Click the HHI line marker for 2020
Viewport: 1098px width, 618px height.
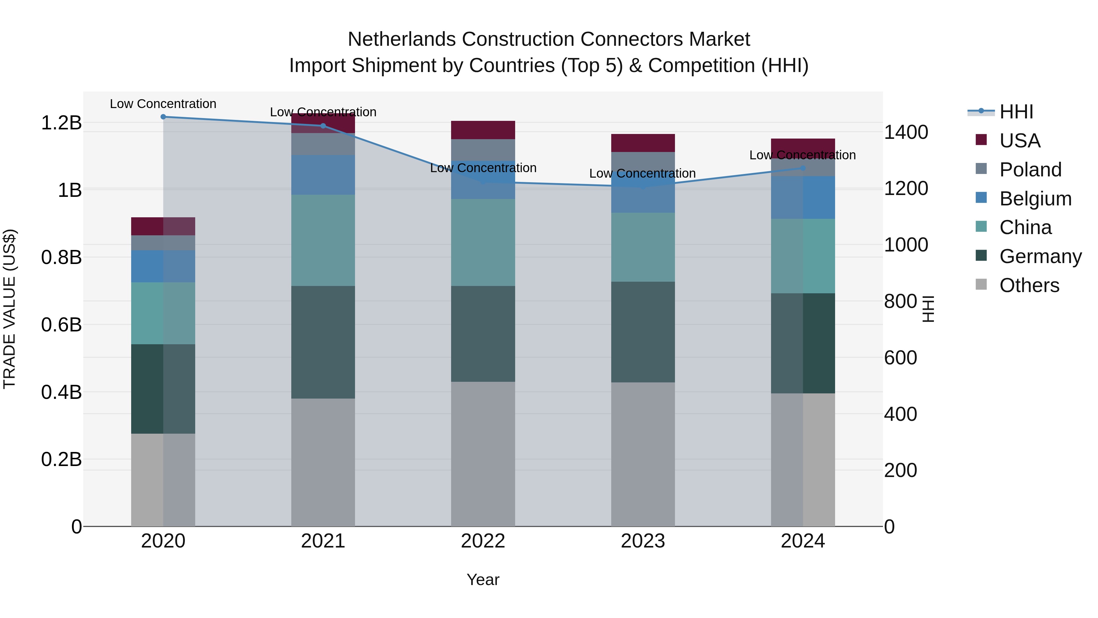(x=163, y=117)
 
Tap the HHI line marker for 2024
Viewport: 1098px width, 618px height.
(x=803, y=168)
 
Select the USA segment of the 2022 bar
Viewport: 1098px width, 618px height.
(x=483, y=130)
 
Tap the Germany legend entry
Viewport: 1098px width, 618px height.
(x=1040, y=256)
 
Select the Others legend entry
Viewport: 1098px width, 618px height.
(x=1029, y=285)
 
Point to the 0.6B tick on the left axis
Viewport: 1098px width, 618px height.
(x=61, y=325)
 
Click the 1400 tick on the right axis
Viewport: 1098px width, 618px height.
(x=906, y=132)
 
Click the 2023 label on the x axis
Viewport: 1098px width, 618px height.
(x=643, y=541)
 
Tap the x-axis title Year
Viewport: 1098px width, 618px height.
(x=483, y=580)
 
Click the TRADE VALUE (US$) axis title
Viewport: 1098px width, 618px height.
(x=9, y=309)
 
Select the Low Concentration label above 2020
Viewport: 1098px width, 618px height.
(x=163, y=104)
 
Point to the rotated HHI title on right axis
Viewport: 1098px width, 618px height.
(x=928, y=309)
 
